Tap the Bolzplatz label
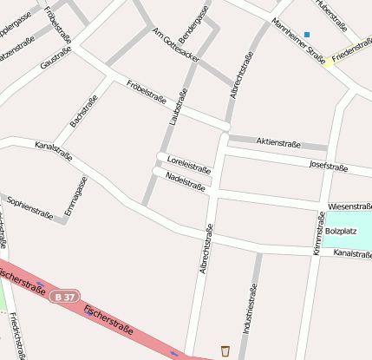coord(341,232)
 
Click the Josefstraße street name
coord(328,167)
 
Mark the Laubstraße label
coord(179,108)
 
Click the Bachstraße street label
coord(84,111)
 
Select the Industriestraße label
coord(250,309)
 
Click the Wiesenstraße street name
coord(349,206)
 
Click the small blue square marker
coord(307,35)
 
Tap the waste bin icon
coord(225,350)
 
